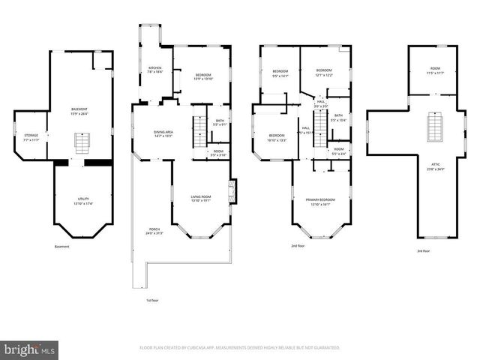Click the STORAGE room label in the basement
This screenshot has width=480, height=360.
click(31, 137)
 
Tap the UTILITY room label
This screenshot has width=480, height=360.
click(82, 202)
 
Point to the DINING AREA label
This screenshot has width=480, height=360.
click(163, 134)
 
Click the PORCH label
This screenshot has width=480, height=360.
click(154, 231)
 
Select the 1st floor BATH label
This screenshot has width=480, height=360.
click(220, 122)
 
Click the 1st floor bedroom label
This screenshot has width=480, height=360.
click(203, 76)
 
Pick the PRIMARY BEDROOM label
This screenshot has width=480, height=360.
click(320, 201)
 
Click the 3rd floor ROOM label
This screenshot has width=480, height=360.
click(434, 70)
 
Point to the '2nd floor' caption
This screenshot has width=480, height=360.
click(298, 245)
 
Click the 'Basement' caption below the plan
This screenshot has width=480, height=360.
click(61, 247)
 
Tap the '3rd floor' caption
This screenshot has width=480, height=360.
click(424, 251)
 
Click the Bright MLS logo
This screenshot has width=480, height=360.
click(30, 349)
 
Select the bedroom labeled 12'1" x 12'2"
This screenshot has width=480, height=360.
click(324, 73)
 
